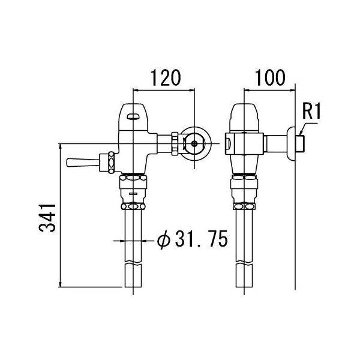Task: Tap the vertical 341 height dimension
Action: click(51, 217)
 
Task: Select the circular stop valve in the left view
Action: click(196, 143)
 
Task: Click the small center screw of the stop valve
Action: click(196, 143)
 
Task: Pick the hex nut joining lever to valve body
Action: click(110, 162)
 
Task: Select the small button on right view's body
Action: click(229, 143)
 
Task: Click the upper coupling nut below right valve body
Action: click(245, 179)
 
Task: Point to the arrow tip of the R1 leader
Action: click(299, 130)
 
